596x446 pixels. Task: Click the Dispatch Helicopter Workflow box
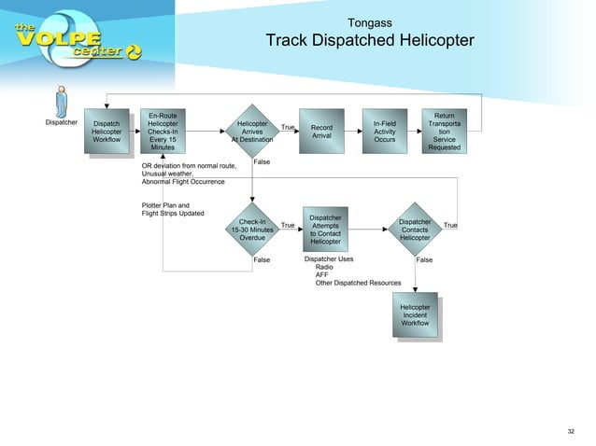pos(106,132)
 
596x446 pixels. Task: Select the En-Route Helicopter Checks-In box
pos(163,132)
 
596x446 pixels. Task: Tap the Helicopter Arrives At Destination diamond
pos(252,132)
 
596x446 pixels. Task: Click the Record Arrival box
pos(321,132)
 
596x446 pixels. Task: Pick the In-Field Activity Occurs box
pos(384,132)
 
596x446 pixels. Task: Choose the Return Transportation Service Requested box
pos(444,132)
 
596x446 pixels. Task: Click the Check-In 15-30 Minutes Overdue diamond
pos(252,230)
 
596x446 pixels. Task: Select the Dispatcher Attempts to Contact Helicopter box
pos(325,230)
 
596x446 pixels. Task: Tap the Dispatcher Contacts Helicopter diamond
pos(414,230)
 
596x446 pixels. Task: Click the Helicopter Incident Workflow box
pos(415,315)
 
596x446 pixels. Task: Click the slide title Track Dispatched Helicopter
pos(369,41)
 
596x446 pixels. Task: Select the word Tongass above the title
pos(369,21)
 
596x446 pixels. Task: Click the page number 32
pos(571,431)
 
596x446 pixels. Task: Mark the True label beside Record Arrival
pos(289,127)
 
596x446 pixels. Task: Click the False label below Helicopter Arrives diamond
pos(263,161)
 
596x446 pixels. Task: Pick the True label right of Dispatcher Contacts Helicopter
pos(450,225)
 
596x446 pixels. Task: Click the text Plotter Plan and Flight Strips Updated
pos(173,209)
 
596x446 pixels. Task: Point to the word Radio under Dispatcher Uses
pos(324,267)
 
